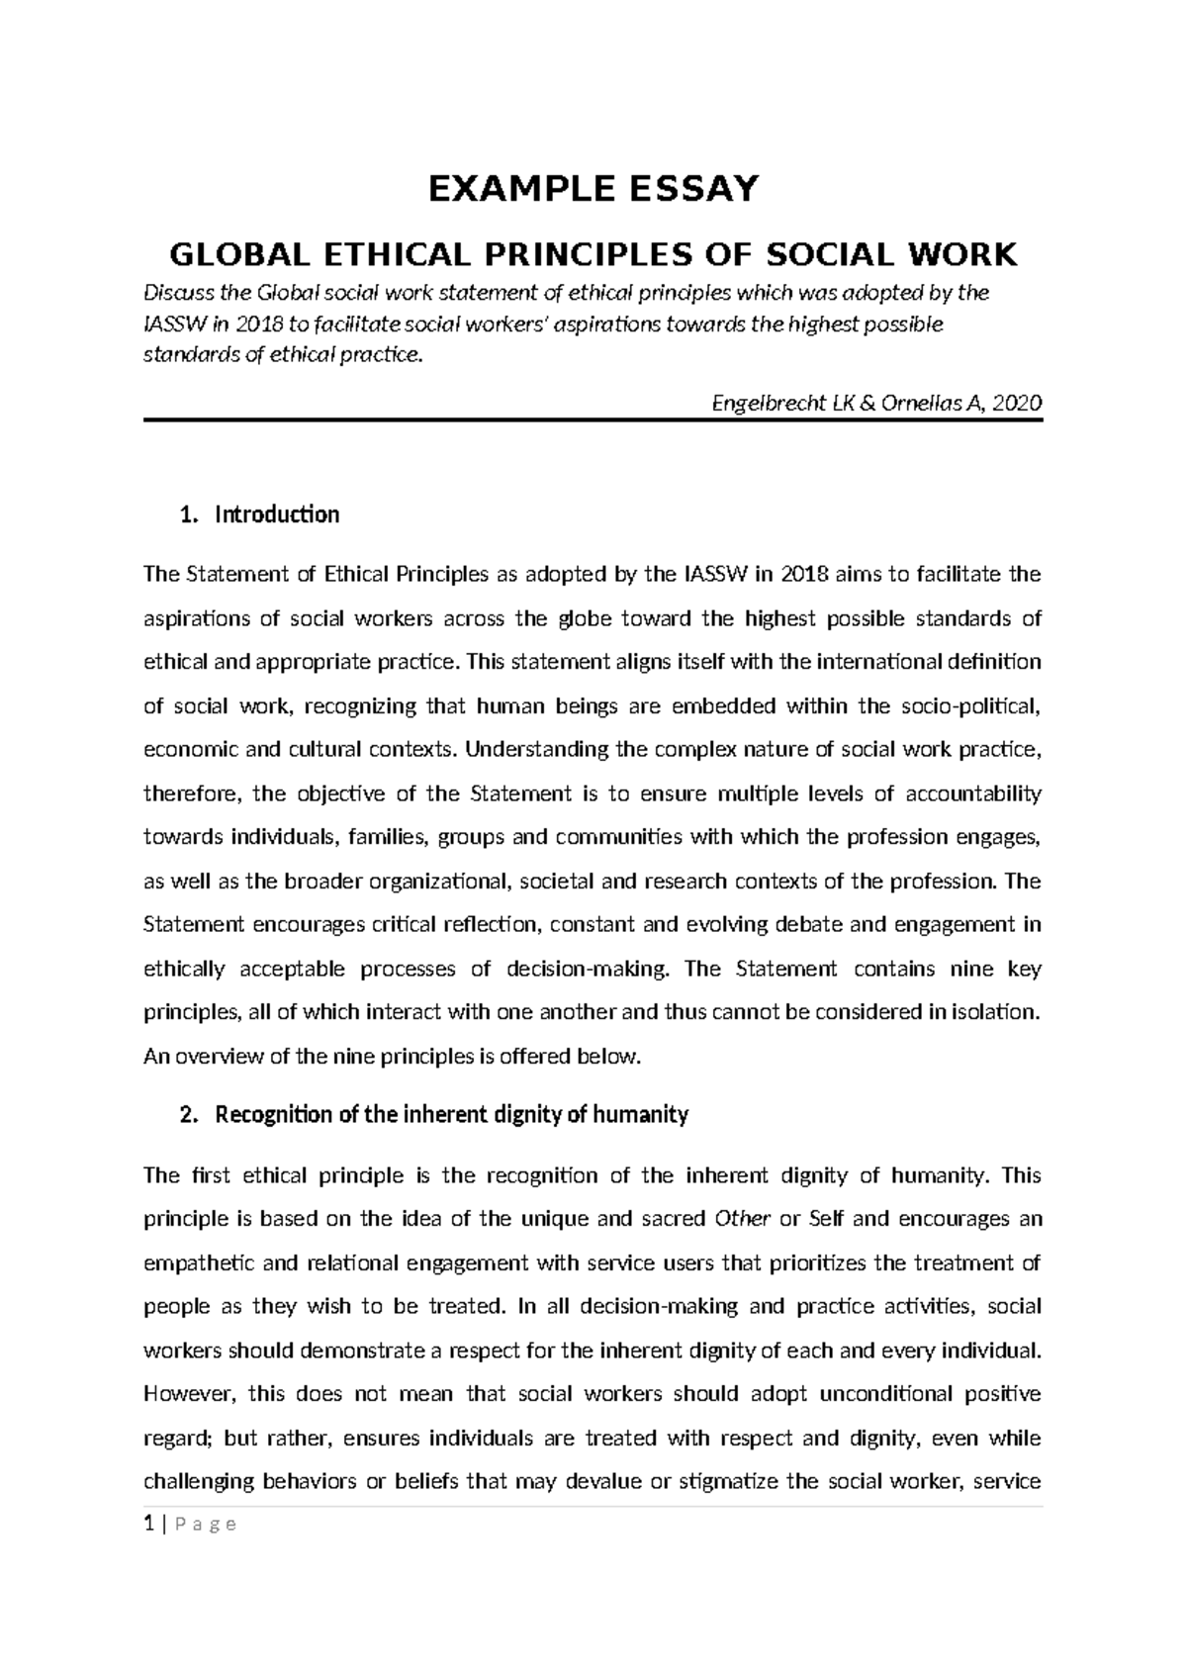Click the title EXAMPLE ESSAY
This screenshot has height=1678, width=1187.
(x=593, y=188)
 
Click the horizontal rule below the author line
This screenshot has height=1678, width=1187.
(x=593, y=420)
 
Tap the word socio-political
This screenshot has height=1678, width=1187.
(x=970, y=705)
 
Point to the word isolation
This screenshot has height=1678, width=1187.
(x=994, y=1012)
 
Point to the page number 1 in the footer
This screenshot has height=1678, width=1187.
(x=148, y=1524)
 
